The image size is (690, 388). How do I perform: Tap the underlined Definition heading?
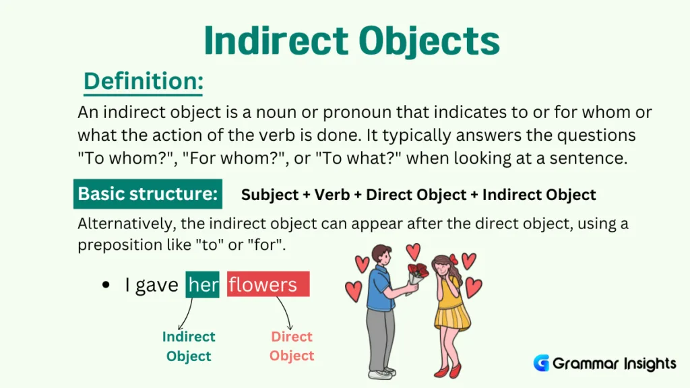tap(143, 82)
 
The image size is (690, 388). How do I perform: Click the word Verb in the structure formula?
tap(335, 195)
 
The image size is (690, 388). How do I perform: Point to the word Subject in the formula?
tap(269, 195)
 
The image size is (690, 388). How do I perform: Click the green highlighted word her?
tap(203, 285)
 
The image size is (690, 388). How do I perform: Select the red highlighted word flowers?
tap(268, 285)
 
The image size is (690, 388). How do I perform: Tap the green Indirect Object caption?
tap(189, 346)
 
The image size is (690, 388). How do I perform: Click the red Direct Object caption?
tap(292, 346)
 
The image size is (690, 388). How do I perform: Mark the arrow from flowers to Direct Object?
tap(286, 312)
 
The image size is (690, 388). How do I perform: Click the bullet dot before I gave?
tap(105, 286)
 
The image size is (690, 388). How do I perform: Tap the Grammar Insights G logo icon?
tap(541, 364)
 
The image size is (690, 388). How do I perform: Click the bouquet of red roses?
tap(417, 273)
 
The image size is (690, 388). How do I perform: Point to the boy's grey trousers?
tap(381, 337)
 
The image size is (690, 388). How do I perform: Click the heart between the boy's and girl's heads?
tap(413, 251)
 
